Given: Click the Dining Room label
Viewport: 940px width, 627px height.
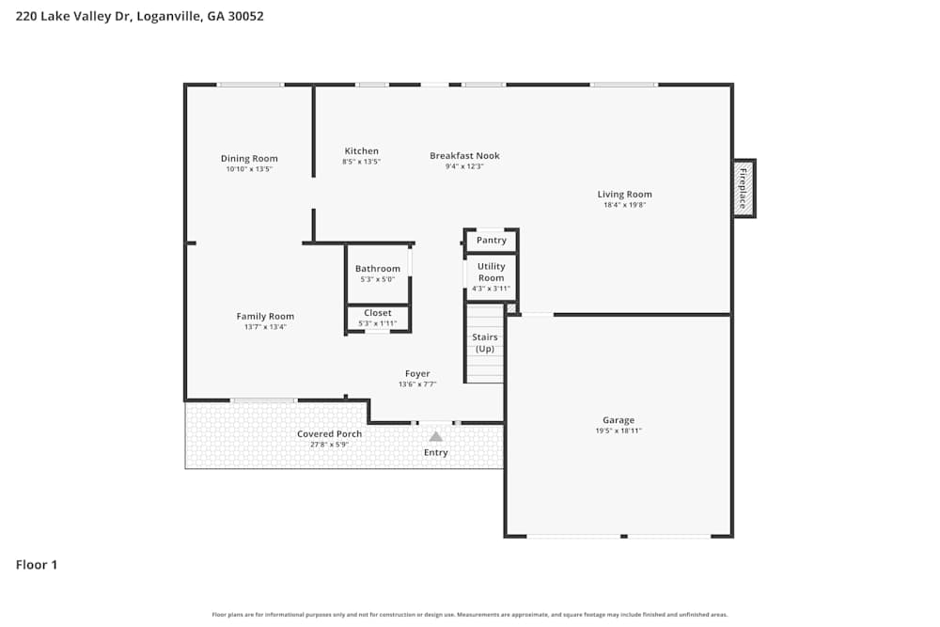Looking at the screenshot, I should tap(249, 159).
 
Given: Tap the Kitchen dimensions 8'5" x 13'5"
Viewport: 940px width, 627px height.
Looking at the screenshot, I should tap(361, 162).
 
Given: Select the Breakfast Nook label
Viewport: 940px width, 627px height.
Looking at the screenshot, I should tap(464, 156).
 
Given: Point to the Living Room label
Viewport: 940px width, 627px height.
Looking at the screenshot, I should tap(624, 195).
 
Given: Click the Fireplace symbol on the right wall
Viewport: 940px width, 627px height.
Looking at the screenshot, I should tap(744, 188).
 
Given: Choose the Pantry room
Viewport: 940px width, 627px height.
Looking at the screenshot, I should tap(491, 241).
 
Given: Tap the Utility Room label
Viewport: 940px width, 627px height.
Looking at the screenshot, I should tap(491, 272).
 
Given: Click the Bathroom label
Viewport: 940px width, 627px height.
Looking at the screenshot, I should tap(377, 269).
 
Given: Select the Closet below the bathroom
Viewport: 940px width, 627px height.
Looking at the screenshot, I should tap(377, 313).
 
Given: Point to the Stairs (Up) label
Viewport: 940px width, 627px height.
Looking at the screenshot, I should tap(484, 343).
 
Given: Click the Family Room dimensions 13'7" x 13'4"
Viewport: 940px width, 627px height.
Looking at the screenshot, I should tap(265, 327).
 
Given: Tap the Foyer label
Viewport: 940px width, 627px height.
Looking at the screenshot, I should tap(417, 373).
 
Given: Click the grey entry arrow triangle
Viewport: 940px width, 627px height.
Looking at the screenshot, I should tap(435, 436).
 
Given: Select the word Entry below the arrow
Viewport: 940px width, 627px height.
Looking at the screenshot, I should tap(435, 452).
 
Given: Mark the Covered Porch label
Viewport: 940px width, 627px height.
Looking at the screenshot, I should tap(329, 433).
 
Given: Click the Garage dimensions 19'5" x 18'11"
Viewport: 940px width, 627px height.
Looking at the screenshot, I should tap(619, 431).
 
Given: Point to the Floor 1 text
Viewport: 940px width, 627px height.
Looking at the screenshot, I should tap(37, 565).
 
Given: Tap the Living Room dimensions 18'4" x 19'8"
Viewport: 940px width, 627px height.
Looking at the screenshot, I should tap(624, 205).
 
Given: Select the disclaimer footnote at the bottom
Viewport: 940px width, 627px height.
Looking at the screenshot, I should tap(470, 615).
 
